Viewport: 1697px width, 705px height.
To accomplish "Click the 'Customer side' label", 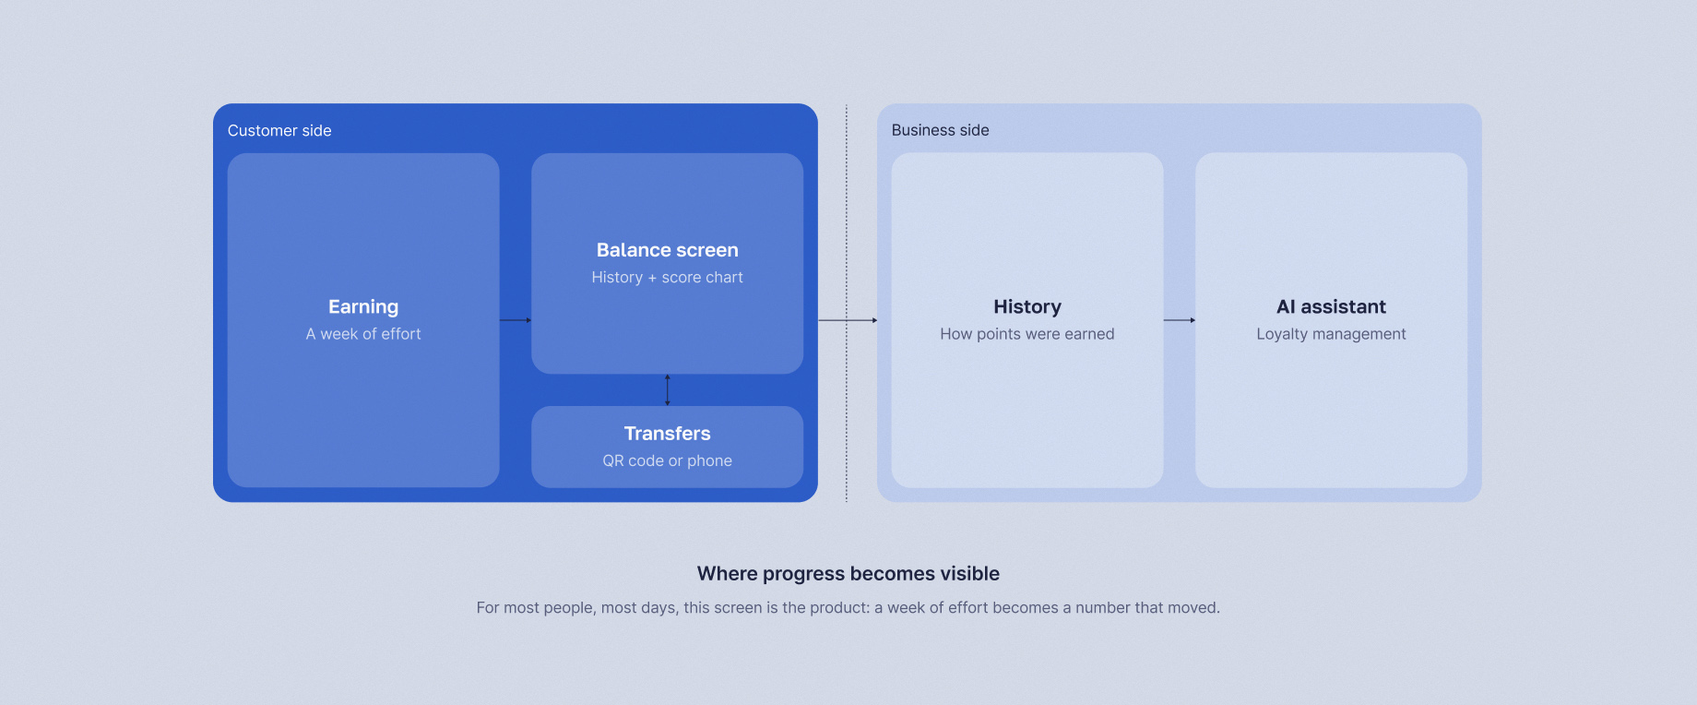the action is click(x=279, y=131).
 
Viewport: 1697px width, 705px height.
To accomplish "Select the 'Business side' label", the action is click(x=940, y=131).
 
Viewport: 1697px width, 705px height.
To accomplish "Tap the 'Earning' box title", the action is click(x=363, y=307).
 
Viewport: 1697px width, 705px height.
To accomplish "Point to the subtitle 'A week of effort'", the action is click(x=363, y=334).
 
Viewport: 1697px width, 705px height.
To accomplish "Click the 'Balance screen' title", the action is click(x=668, y=250).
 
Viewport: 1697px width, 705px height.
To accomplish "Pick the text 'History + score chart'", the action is click(x=668, y=278).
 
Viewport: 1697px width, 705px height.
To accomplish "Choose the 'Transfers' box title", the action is click(x=668, y=434).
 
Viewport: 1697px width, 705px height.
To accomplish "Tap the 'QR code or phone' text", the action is click(x=668, y=460).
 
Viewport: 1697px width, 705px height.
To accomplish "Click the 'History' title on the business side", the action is click(x=1027, y=307).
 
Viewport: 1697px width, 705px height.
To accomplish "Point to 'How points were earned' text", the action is click(x=1027, y=334).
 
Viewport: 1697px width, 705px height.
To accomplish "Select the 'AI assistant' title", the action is click(x=1331, y=307).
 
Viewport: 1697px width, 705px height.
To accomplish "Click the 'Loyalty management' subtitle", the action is click(x=1331, y=334).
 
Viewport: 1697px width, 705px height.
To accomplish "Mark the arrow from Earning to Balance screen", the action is click(x=516, y=320).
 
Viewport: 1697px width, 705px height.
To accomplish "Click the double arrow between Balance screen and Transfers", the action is click(x=668, y=389).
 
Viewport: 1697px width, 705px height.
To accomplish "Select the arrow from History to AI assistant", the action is click(x=1180, y=320).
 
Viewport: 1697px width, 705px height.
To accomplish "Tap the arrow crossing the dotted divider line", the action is click(x=848, y=320).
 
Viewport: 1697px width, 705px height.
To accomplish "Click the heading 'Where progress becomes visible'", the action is click(x=848, y=574).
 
